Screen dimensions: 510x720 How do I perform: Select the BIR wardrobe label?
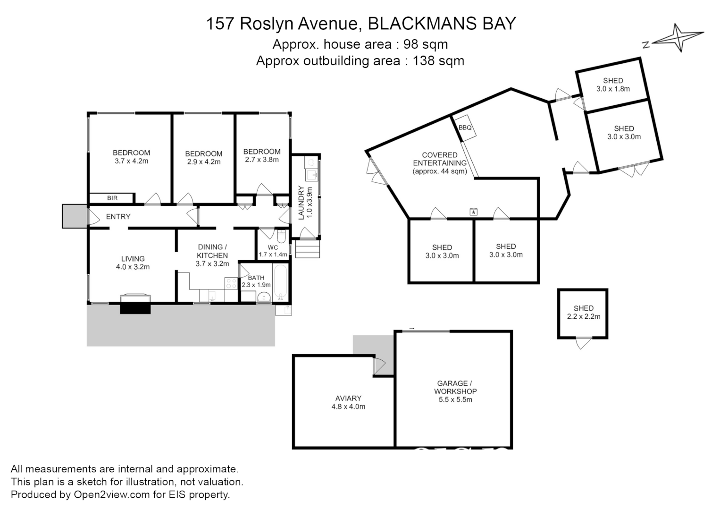click(x=112, y=198)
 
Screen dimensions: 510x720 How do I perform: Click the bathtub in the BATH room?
click(x=280, y=283)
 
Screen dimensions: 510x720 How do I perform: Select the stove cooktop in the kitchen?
click(x=231, y=283)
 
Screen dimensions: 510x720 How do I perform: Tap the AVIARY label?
click(x=348, y=398)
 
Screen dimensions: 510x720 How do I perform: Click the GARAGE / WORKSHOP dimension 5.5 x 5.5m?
click(x=455, y=399)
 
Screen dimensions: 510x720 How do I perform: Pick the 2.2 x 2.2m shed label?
click(x=584, y=316)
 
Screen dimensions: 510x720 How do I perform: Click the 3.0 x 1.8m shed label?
click(x=613, y=89)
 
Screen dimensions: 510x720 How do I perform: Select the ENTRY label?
click(x=118, y=217)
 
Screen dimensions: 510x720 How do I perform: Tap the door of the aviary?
click(x=379, y=365)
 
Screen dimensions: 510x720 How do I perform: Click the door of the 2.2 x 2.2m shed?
click(x=583, y=342)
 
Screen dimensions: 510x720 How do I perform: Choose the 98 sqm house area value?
click(x=426, y=44)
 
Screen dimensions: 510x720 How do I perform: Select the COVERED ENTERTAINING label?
click(x=440, y=159)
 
